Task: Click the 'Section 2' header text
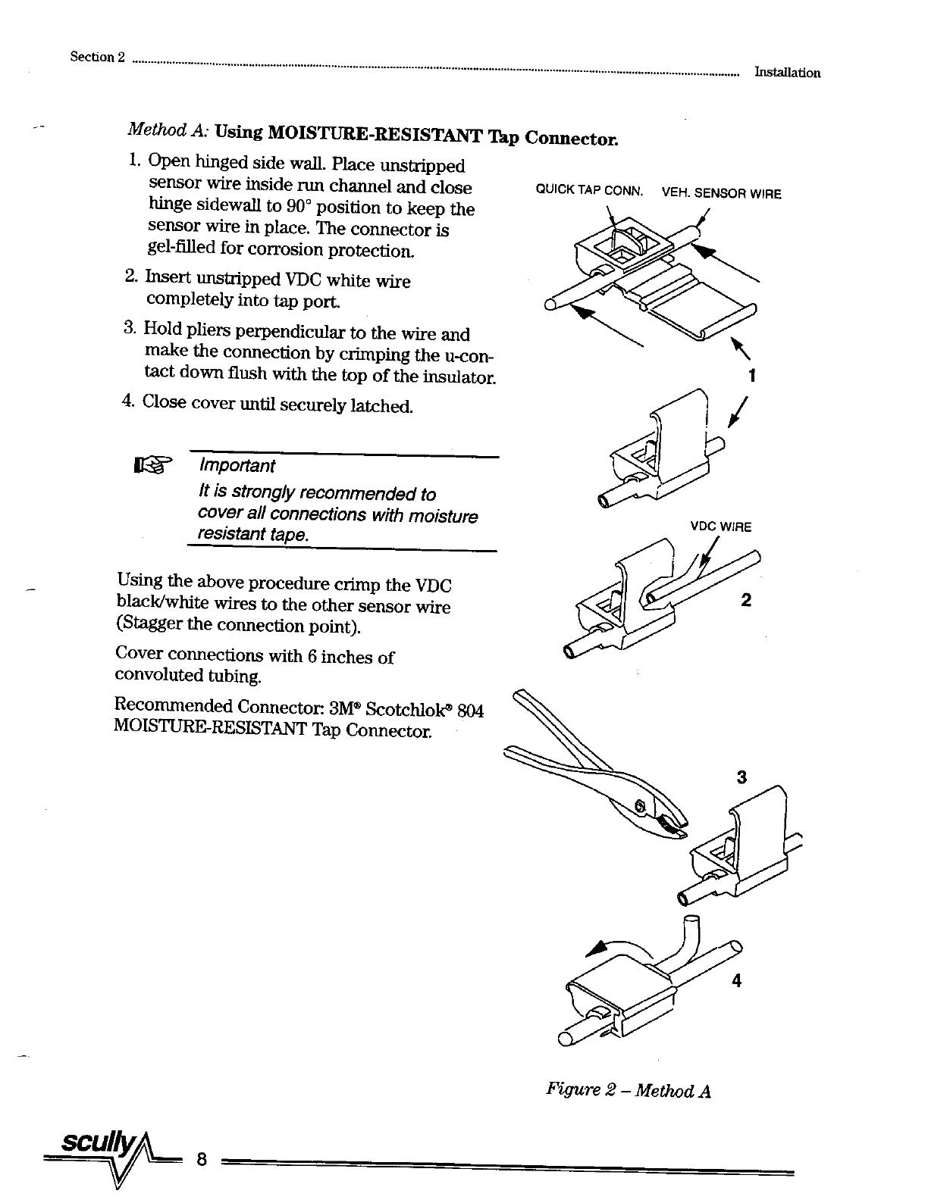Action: (96, 58)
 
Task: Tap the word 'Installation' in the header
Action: (787, 73)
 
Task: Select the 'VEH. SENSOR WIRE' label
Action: (721, 193)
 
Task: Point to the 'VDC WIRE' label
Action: (720, 527)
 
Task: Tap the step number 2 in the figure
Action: (746, 600)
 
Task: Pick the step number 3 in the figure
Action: (741, 777)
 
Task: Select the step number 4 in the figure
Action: (735, 981)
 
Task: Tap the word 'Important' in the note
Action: (236, 465)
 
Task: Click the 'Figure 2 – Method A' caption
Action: (628, 1091)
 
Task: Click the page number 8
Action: (201, 1159)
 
